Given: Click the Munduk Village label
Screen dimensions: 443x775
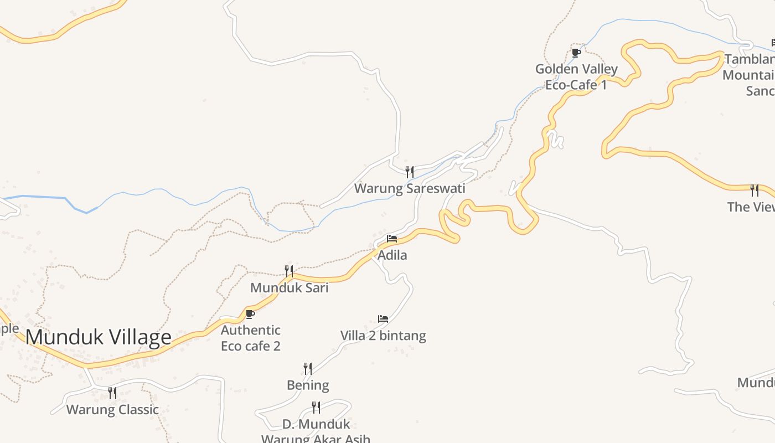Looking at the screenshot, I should tap(99, 337).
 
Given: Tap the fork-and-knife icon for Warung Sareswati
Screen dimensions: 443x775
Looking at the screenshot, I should tap(409, 172).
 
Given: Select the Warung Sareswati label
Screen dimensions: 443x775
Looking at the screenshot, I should tap(410, 188).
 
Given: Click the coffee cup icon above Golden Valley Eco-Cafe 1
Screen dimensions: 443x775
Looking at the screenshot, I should tap(576, 53).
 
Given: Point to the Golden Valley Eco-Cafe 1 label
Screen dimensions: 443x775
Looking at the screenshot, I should tap(576, 76).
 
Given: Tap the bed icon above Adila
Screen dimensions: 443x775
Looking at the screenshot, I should tap(392, 239).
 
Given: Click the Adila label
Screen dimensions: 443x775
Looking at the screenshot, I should tap(392, 255).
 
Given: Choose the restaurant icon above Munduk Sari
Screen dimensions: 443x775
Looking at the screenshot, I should tap(289, 271).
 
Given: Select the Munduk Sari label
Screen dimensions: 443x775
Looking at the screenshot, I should tap(289, 288).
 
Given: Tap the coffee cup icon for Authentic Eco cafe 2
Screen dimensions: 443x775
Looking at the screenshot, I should tap(250, 314).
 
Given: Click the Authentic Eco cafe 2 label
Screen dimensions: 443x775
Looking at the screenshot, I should tap(251, 338).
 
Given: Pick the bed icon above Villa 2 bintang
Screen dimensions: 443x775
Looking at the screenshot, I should tap(383, 319).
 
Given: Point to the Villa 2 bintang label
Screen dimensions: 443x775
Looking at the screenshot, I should tap(383, 336).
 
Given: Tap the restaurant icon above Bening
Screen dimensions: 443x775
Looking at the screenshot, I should tap(308, 368).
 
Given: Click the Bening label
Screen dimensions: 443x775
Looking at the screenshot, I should tap(308, 385).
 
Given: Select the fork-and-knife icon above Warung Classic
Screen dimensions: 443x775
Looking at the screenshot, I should tap(112, 393).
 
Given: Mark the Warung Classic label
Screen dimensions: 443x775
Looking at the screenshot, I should tap(112, 410).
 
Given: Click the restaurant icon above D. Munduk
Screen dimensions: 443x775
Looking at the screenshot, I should tap(316, 408).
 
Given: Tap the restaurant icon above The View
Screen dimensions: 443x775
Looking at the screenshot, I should tap(755, 190).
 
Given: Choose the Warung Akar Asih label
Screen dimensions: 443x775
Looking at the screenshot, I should tap(316, 439).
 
